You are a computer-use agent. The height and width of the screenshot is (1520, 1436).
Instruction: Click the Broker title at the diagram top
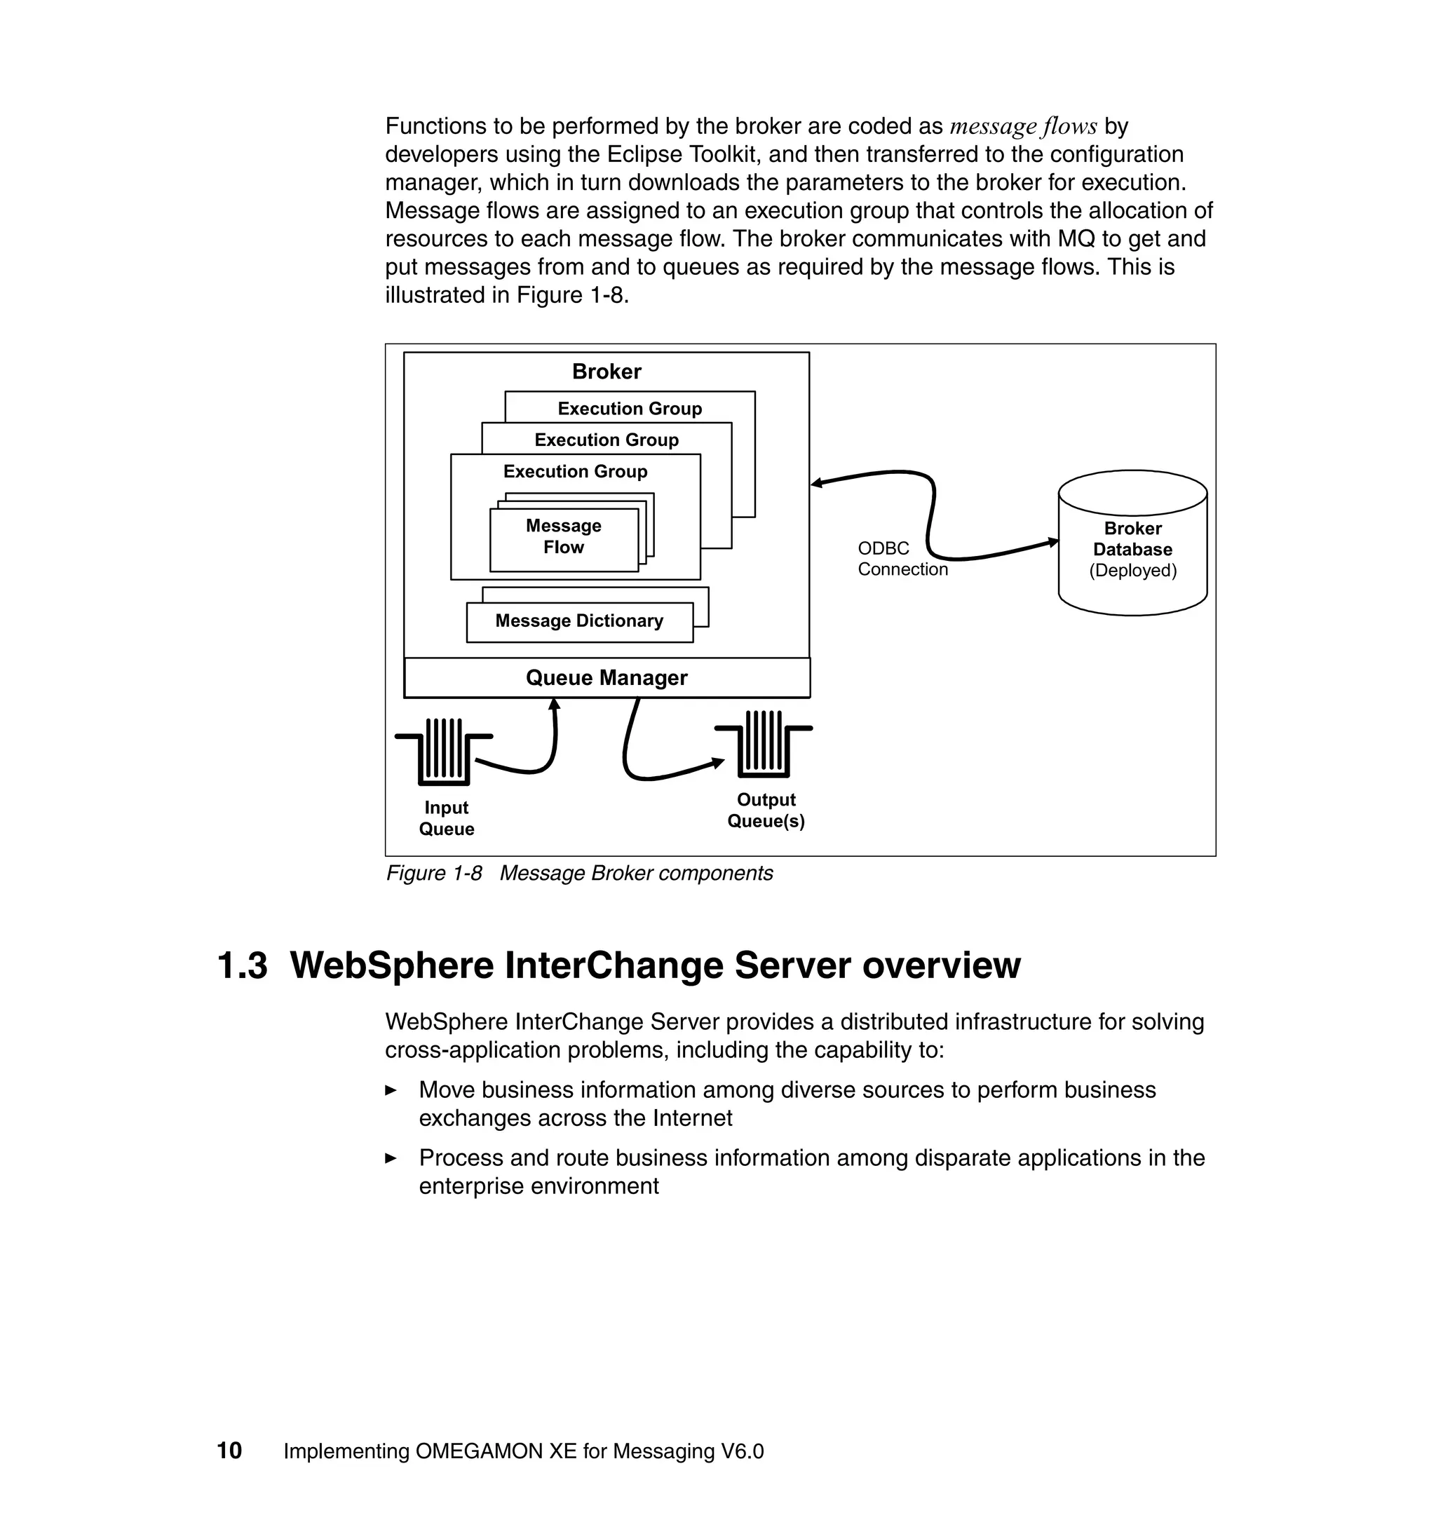point(607,372)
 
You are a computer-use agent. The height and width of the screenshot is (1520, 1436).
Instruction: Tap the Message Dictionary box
point(578,621)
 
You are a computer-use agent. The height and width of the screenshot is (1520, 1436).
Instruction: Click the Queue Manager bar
point(607,678)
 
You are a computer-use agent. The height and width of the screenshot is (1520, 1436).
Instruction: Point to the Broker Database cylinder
point(1132,543)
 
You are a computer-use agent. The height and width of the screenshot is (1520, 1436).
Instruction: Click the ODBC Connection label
point(902,559)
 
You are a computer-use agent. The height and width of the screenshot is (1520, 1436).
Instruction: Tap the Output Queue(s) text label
point(766,810)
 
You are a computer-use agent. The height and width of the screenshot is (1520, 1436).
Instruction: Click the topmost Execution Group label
point(629,409)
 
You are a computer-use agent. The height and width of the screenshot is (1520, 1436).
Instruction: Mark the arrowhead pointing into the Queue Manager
point(555,704)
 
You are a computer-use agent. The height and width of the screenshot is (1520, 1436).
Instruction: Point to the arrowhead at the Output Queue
point(718,762)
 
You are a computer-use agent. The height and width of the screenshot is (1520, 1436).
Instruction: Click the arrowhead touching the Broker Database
point(1053,543)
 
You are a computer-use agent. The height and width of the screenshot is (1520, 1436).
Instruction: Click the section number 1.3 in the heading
point(243,965)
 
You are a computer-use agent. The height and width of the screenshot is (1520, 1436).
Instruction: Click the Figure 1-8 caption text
point(578,874)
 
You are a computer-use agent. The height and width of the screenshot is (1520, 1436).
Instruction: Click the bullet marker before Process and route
point(391,1158)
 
